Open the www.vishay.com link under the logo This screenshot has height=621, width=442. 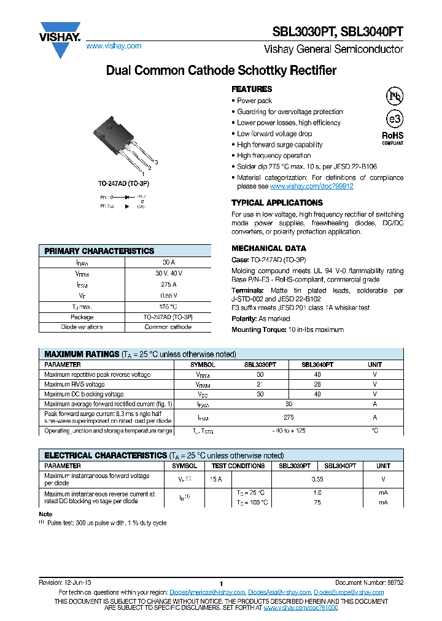114,46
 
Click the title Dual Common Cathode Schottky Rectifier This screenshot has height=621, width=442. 221,71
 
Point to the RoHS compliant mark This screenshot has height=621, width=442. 393,138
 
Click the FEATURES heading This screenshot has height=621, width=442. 252,89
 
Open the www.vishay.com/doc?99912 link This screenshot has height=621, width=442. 311,186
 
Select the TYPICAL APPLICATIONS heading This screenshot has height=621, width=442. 277,202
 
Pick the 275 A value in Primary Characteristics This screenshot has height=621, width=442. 168,284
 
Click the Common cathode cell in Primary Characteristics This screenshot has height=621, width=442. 168,327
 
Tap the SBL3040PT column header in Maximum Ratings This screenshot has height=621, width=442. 317,364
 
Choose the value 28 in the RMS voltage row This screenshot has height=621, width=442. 317,384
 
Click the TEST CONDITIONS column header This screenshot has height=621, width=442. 238,466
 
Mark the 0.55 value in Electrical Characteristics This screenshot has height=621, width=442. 317,479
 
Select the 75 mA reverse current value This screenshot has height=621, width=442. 317,503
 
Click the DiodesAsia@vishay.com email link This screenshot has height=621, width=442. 279,592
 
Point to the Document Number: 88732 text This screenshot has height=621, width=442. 369,582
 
